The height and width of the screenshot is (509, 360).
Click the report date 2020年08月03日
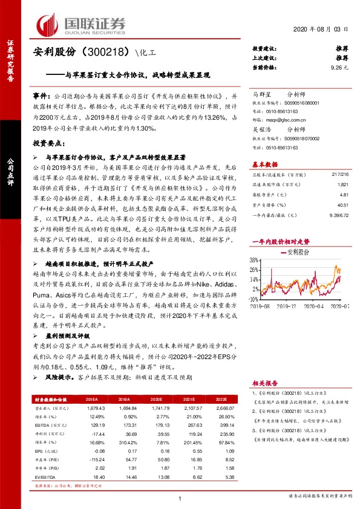[x=321, y=29]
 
